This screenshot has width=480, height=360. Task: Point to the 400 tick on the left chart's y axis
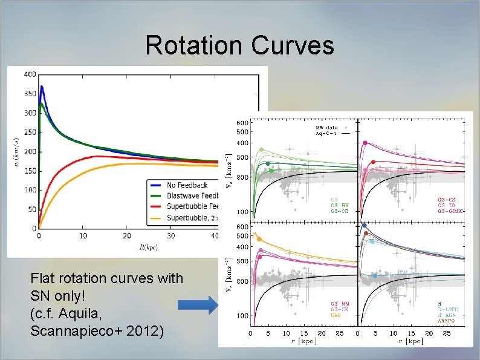tap(29, 74)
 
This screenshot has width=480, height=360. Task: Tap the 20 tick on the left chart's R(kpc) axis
tap(126, 235)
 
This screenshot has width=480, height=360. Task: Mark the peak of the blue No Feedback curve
tap(42, 87)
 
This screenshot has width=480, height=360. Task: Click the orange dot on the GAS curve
tap(259, 240)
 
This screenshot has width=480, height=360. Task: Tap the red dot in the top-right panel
tap(373, 162)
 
